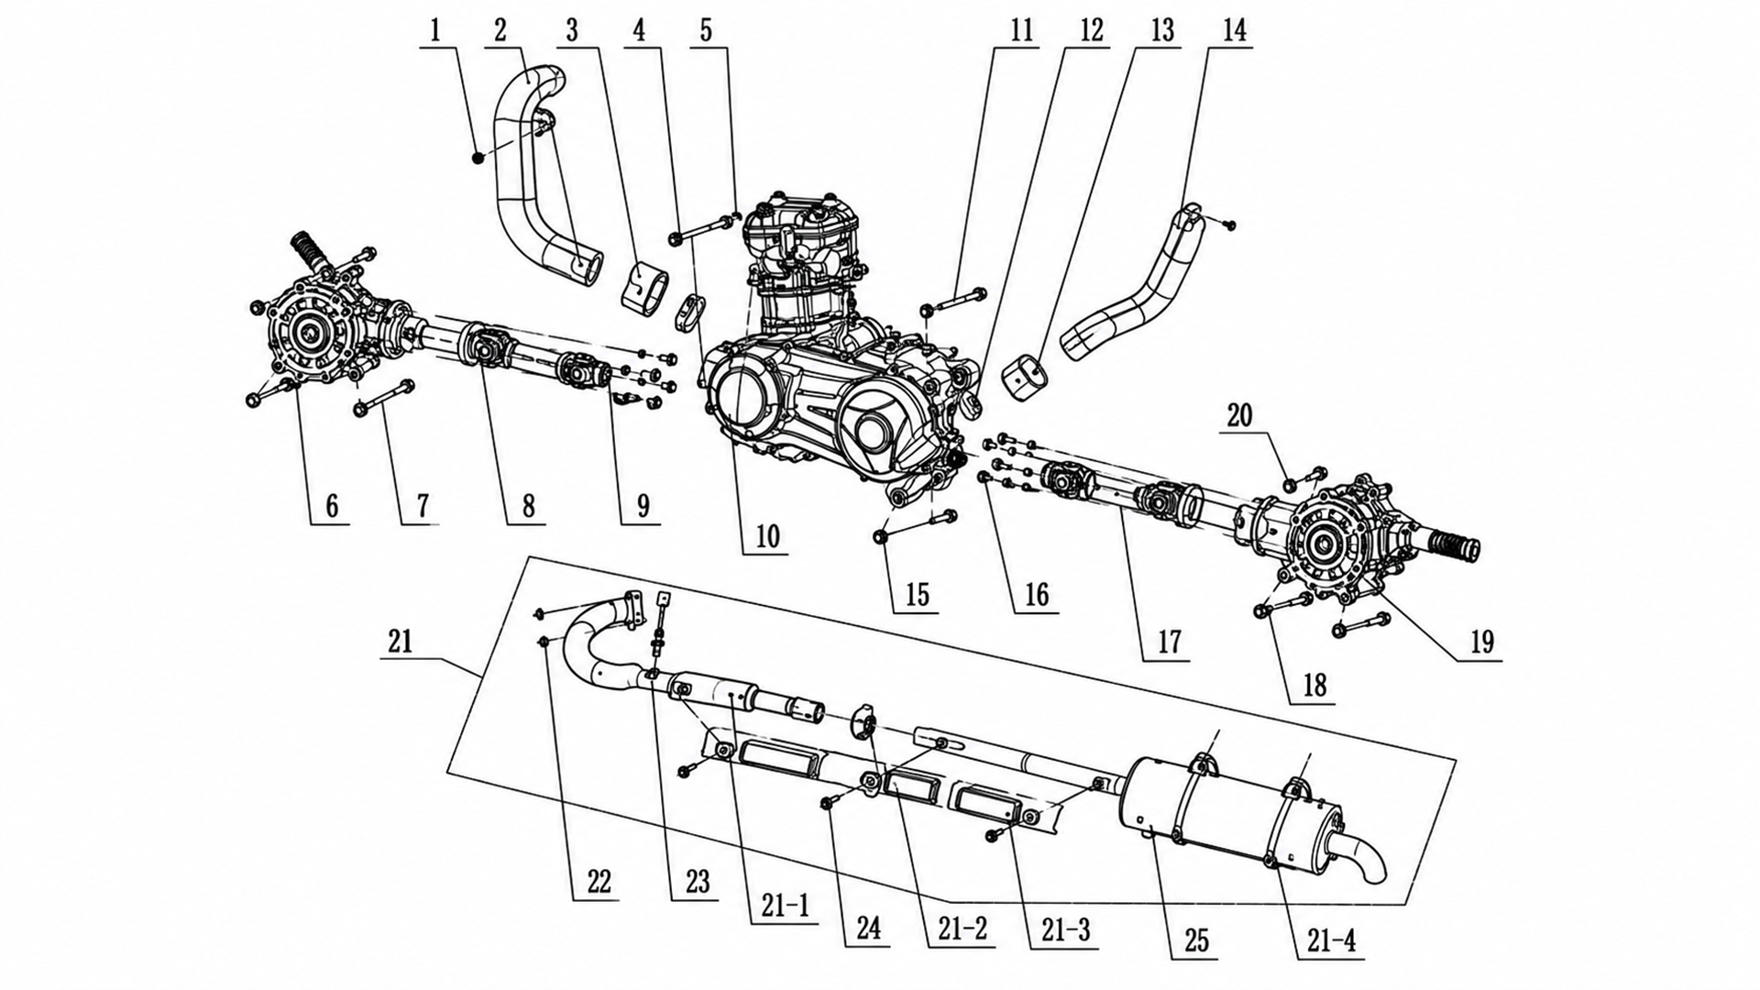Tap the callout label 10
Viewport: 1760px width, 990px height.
tap(767, 536)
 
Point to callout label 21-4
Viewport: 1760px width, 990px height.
tap(1332, 940)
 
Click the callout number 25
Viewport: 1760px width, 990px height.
tap(1196, 940)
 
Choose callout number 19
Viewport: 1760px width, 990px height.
tap(1482, 642)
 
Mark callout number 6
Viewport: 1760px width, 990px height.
tap(332, 505)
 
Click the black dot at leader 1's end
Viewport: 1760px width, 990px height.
tap(478, 159)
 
